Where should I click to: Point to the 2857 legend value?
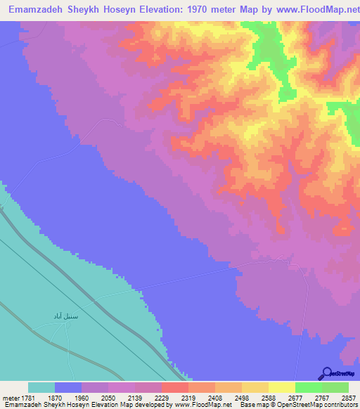click(x=349, y=397)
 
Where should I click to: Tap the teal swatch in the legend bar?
click(x=41, y=387)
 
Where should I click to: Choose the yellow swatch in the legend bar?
click(x=281, y=387)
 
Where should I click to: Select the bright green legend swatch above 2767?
click(x=308, y=387)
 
